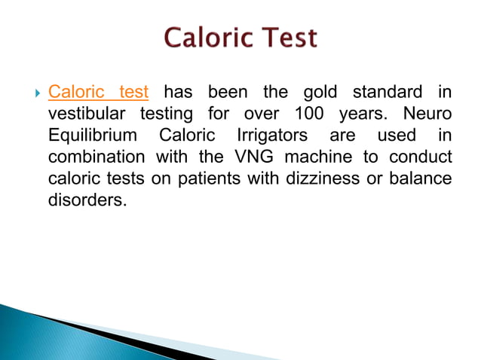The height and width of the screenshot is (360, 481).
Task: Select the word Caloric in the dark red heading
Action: coord(200,38)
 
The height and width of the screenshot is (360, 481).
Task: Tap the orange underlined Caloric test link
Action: coord(98,93)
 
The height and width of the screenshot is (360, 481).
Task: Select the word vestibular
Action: coord(87,114)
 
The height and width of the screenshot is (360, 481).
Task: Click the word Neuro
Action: coord(427,114)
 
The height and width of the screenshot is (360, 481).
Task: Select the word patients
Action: coord(203,180)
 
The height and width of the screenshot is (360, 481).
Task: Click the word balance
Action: coord(418,180)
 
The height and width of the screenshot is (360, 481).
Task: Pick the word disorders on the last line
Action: coord(83,202)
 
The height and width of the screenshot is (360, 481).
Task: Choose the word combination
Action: coord(97,158)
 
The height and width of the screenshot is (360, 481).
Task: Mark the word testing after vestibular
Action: coord(167,114)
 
